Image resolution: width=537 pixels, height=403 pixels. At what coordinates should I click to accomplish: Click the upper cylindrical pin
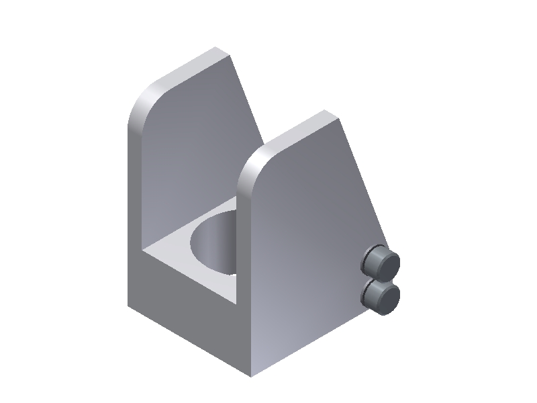[380, 262]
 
